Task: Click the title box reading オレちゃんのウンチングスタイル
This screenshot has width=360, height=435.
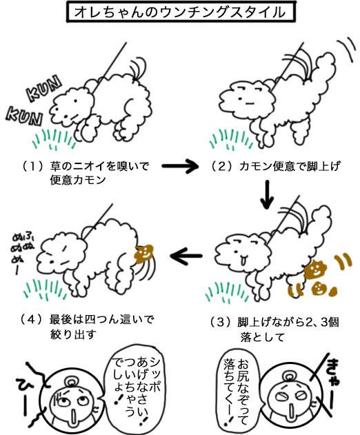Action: tap(180, 12)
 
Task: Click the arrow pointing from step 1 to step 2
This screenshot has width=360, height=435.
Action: tap(180, 166)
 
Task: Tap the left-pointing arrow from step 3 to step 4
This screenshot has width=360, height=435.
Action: tap(186, 256)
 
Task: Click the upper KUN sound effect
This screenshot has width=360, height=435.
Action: tap(43, 88)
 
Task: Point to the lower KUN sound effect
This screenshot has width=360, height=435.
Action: tap(24, 116)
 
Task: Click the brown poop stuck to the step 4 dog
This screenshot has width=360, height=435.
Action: tap(143, 253)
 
